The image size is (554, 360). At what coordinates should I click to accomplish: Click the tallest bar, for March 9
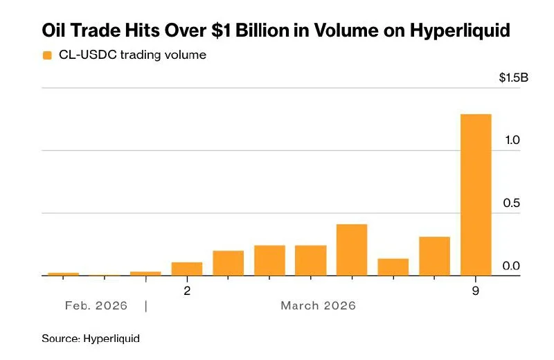click(476, 195)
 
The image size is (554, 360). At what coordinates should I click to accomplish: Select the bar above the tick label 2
click(187, 269)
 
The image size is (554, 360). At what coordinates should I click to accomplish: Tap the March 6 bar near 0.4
click(352, 249)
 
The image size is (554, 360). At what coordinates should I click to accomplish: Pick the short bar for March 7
click(393, 267)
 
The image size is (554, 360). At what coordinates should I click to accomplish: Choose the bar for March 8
click(434, 256)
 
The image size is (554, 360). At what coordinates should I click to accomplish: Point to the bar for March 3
click(228, 263)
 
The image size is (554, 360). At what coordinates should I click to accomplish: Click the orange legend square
click(47, 55)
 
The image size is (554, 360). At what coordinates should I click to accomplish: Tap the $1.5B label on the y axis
click(513, 78)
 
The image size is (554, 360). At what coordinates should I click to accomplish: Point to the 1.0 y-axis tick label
click(512, 141)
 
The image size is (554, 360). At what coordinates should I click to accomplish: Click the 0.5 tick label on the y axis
click(512, 204)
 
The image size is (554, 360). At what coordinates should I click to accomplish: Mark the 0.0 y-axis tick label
click(512, 267)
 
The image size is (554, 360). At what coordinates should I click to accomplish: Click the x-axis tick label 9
click(476, 291)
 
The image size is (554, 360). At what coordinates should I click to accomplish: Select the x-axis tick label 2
click(187, 291)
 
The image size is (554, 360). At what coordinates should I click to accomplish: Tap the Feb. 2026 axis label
click(96, 305)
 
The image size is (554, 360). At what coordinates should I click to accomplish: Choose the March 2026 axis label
click(318, 305)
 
